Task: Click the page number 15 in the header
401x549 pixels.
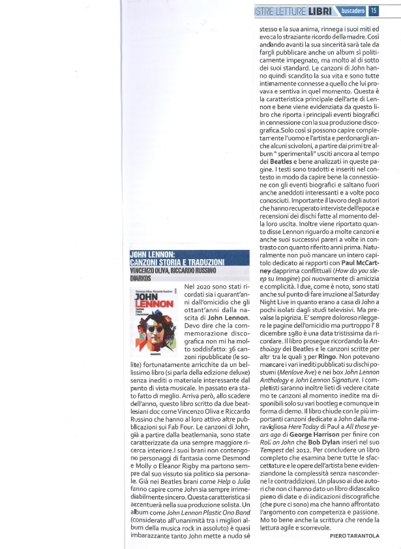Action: tap(374, 10)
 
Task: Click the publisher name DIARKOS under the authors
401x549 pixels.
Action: tap(141, 278)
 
